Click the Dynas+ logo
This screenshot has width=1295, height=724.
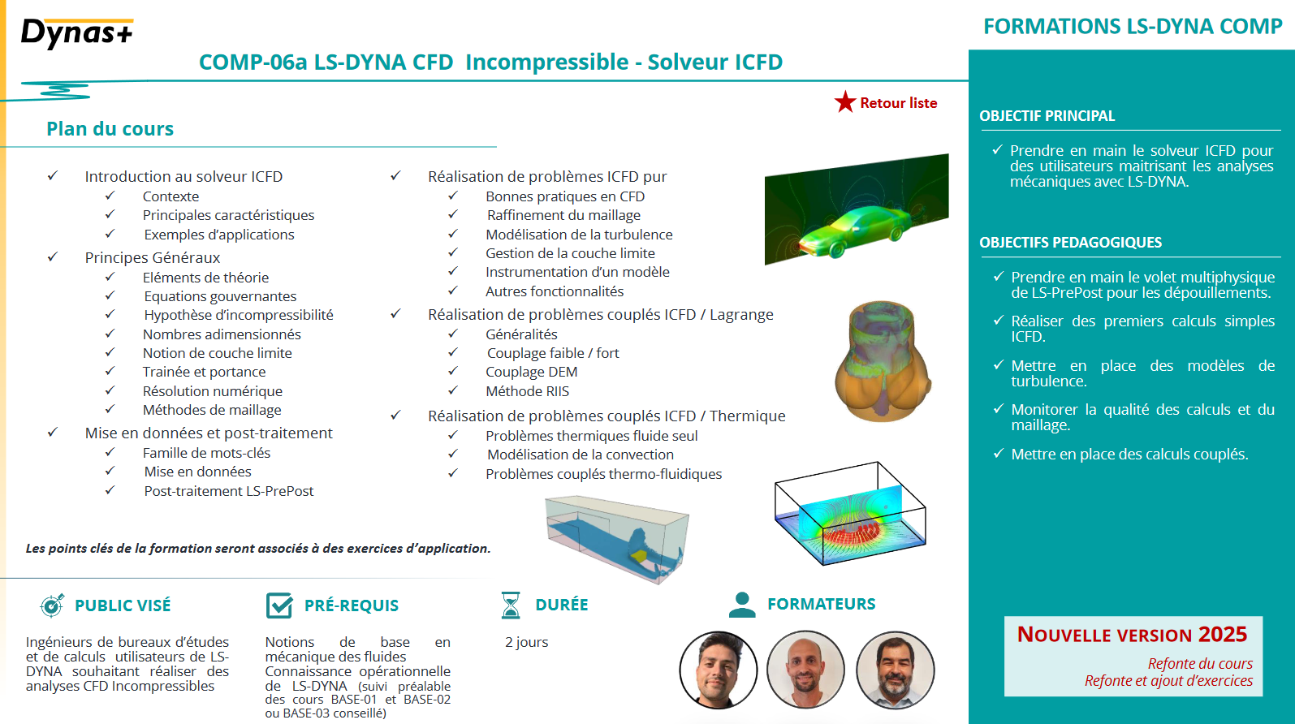(x=77, y=33)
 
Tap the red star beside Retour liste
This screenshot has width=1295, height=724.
(x=844, y=101)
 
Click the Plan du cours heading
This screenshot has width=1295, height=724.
(x=110, y=128)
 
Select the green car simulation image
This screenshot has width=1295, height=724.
(x=857, y=209)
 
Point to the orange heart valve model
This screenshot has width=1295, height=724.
(x=883, y=361)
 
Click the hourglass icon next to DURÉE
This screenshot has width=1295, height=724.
(x=511, y=605)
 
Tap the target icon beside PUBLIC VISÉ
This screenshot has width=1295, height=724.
(x=52, y=605)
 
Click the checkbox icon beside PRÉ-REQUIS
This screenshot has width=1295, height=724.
(x=279, y=605)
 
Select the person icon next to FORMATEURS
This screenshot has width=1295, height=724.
(x=742, y=605)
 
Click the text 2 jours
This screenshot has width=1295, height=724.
(x=527, y=642)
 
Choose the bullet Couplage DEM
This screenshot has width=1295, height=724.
(x=531, y=372)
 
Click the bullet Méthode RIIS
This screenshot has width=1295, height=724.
(x=527, y=391)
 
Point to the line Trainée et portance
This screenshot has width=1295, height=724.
(x=204, y=372)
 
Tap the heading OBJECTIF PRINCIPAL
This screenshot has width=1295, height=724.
(x=1047, y=115)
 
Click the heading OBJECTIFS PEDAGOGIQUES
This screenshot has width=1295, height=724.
(x=1071, y=242)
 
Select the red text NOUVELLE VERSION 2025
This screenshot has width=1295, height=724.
(x=1132, y=635)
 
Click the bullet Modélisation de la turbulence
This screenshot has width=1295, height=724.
(x=579, y=235)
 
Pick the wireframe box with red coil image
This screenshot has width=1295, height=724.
(x=850, y=514)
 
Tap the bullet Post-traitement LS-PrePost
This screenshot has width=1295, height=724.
(x=228, y=490)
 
